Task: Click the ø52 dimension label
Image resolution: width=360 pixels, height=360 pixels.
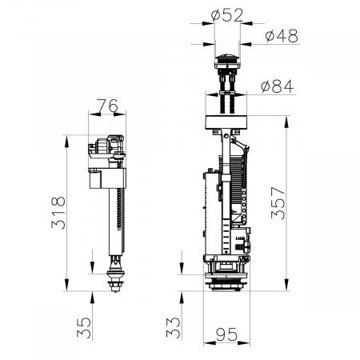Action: (x=227, y=16)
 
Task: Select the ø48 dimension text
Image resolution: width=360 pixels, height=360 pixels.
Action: (x=282, y=36)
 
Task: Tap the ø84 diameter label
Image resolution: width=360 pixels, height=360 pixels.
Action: (x=278, y=86)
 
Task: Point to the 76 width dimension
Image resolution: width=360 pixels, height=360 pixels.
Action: (x=107, y=106)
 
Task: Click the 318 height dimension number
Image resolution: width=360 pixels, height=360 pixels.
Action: (x=58, y=213)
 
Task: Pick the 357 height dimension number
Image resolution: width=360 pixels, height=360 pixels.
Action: (x=278, y=203)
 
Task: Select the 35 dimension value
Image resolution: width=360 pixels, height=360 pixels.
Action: (x=84, y=327)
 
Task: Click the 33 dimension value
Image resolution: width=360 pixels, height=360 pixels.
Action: (x=174, y=327)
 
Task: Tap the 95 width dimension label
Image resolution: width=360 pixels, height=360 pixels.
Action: (x=226, y=334)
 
